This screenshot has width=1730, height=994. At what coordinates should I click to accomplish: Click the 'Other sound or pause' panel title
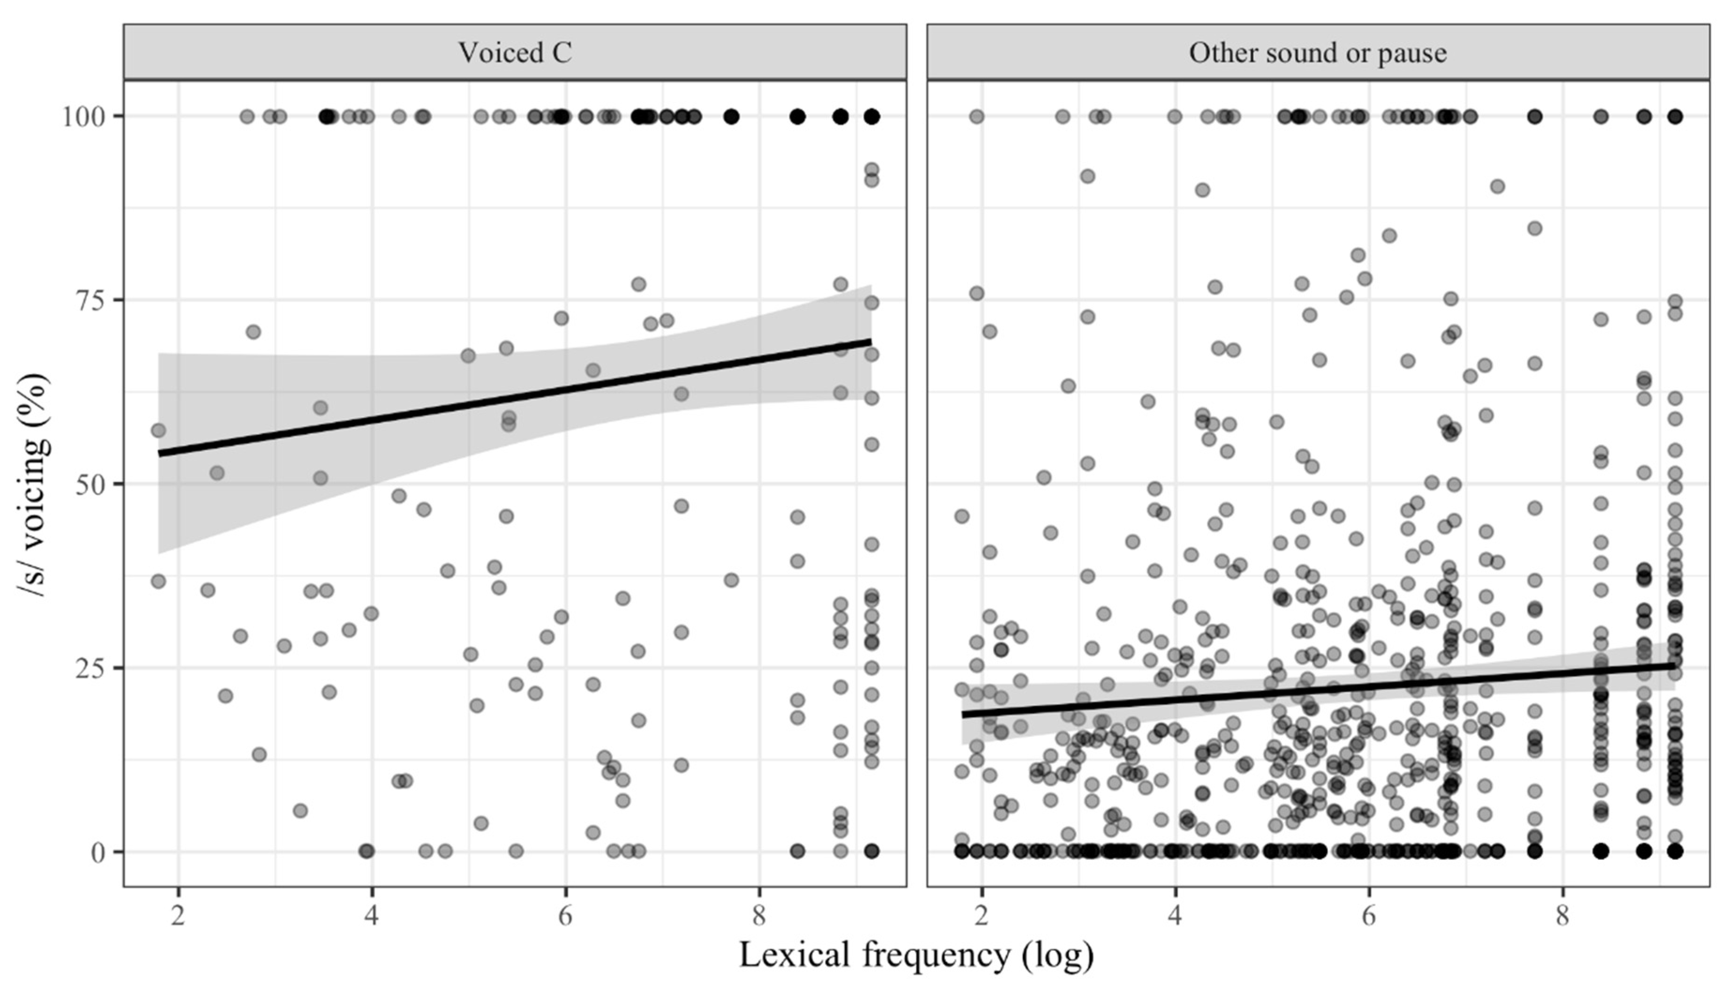pos(1318,53)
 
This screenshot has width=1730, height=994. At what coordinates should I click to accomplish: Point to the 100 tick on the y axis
pos(83,117)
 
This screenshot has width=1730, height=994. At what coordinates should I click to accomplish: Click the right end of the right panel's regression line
pos(1675,664)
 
